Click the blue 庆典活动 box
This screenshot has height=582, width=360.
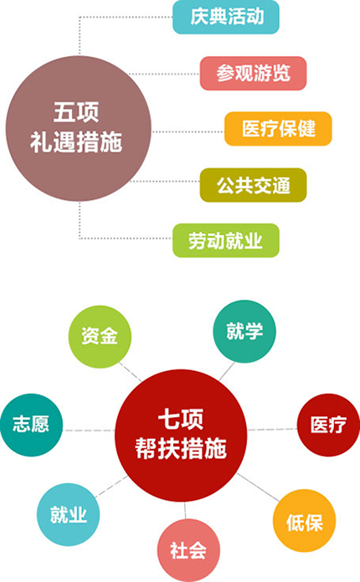click(x=226, y=17)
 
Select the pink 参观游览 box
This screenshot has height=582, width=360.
click(x=253, y=73)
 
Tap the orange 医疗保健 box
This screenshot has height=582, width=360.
click(x=278, y=129)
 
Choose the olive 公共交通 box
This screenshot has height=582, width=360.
click(x=253, y=185)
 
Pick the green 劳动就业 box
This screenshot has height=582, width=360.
click(x=226, y=240)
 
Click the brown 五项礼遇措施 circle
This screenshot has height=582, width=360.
click(x=79, y=128)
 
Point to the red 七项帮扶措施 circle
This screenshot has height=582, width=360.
click(x=181, y=435)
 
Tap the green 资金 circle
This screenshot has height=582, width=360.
click(x=100, y=337)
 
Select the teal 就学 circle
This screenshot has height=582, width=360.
click(x=244, y=332)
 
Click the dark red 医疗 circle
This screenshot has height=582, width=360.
click(x=328, y=425)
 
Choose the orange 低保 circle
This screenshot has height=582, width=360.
click(x=305, y=520)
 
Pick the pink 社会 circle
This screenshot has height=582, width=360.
click(x=188, y=550)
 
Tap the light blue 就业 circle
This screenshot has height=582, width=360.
click(x=69, y=514)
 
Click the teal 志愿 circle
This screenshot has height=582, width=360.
click(x=31, y=425)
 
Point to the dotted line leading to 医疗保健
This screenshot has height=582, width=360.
click(x=188, y=131)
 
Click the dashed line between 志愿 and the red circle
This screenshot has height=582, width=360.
click(x=89, y=430)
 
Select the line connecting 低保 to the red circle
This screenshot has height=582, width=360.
click(x=258, y=487)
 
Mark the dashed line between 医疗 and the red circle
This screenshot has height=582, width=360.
click(x=272, y=430)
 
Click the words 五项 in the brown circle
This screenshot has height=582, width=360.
click(x=76, y=112)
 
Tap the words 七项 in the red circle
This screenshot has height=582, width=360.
click(x=181, y=419)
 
